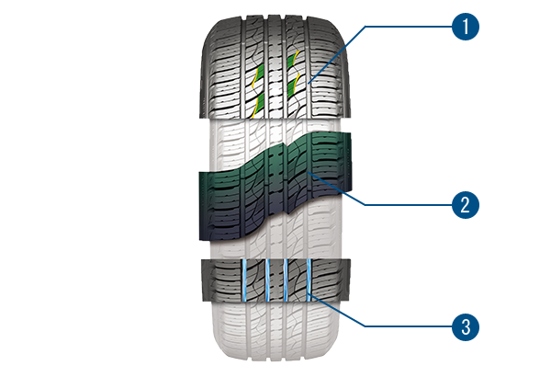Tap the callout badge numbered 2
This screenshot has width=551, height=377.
coord(466,204)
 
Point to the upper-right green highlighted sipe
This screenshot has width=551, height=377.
coord(295,61)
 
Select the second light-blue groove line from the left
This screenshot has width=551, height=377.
coord(266,280)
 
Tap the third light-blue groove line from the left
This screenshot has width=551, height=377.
coord(287,280)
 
